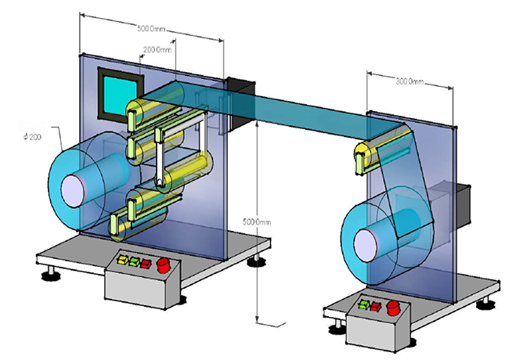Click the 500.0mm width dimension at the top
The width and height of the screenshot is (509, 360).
click(x=150, y=29)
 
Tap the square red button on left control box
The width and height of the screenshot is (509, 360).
click(x=145, y=261)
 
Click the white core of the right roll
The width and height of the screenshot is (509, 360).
click(x=365, y=241)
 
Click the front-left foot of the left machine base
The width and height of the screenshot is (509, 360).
click(x=52, y=274)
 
